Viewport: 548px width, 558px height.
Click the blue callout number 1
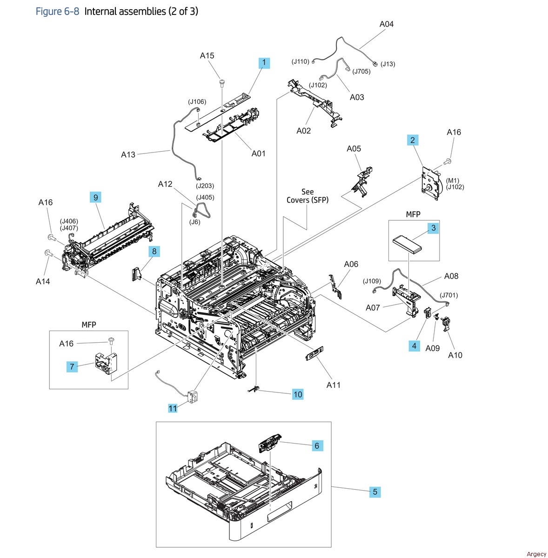264,62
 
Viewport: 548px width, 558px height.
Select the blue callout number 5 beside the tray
375,492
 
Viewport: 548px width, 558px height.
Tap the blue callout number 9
95,197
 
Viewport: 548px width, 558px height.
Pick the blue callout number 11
173,408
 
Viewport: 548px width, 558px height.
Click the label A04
386,24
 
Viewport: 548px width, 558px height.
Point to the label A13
128,154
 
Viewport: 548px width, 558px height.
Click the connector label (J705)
361,72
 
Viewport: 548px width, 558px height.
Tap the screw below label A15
222,84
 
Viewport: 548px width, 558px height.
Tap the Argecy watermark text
536,553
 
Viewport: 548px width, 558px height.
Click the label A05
354,149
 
